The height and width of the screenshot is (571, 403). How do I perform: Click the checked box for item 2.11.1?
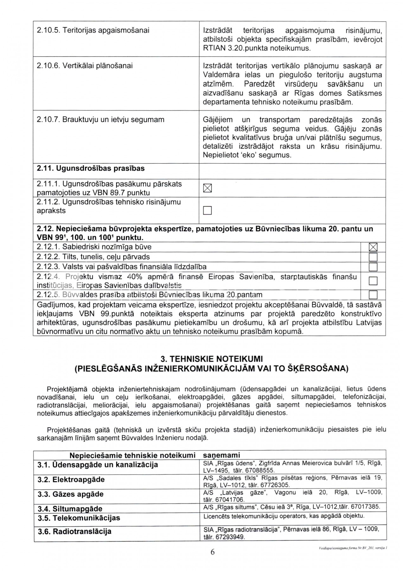[x=207, y=188]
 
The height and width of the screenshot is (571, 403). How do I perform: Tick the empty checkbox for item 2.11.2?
[x=207, y=210]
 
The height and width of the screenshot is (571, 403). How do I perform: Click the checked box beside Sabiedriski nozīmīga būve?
[x=373, y=247]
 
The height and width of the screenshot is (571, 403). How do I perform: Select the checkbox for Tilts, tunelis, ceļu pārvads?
[x=373, y=257]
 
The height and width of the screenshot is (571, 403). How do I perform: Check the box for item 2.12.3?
[x=373, y=267]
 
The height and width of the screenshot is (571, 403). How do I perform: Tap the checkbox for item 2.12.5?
[x=373, y=295]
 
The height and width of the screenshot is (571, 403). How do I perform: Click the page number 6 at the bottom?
[x=212, y=552]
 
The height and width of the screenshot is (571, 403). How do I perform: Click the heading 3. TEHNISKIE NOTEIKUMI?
[x=212, y=359]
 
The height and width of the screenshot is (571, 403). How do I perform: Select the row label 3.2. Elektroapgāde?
[x=71, y=479]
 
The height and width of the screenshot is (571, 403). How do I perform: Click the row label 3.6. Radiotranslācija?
[x=74, y=531]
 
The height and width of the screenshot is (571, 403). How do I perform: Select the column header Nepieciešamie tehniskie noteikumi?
[x=132, y=455]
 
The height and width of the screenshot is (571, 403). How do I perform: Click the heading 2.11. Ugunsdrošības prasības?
[x=91, y=168]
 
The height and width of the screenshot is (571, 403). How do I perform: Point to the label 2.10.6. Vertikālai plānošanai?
[x=85, y=66]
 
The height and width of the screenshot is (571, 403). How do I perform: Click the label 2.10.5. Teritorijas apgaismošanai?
[x=93, y=30]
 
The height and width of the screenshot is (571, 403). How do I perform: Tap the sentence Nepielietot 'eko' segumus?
[x=247, y=155]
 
